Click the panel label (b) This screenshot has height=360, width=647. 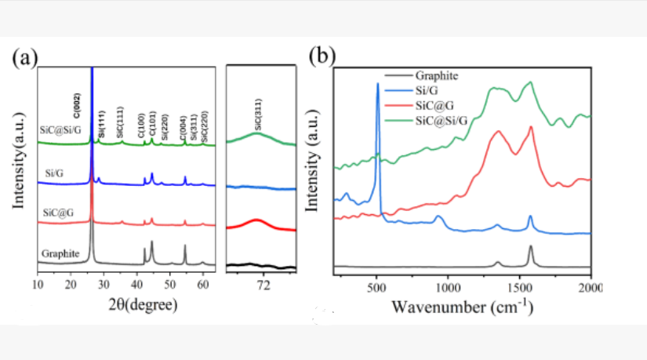tap(321, 57)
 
